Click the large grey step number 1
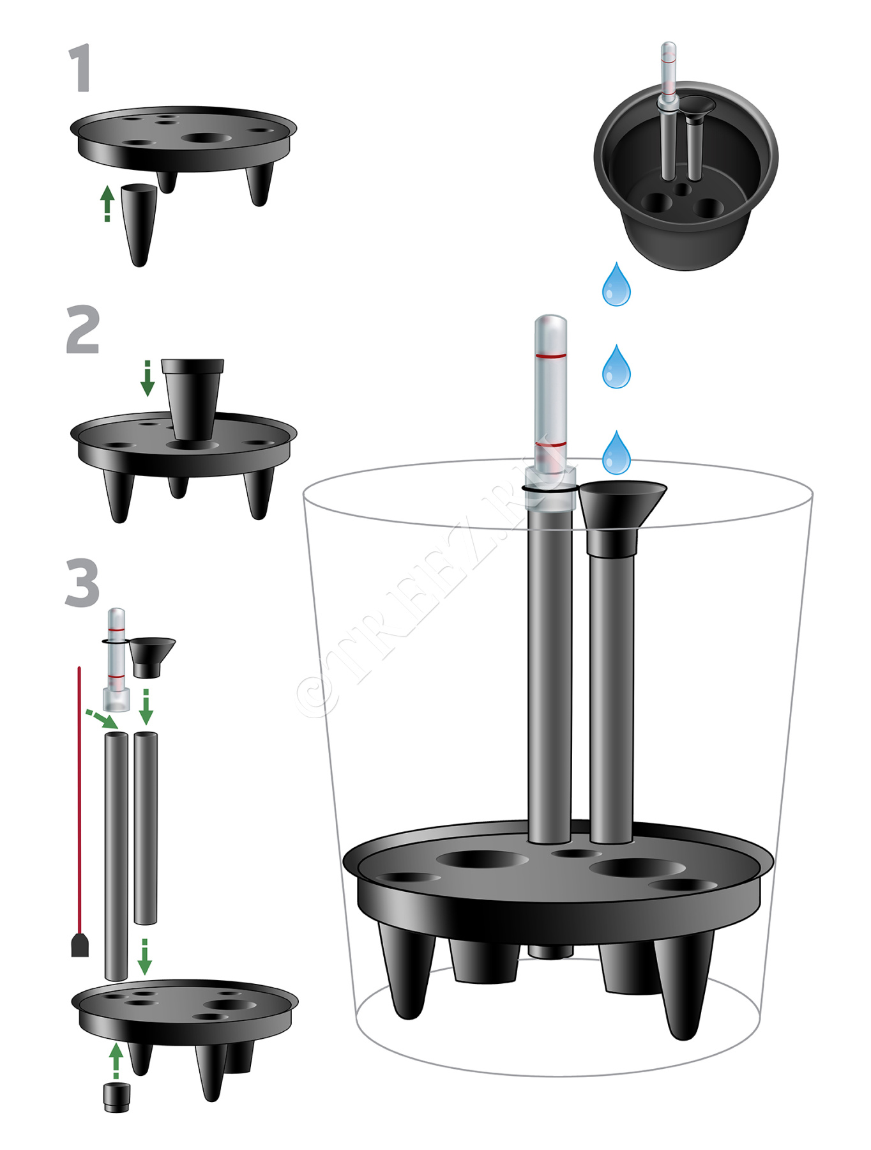[80, 68]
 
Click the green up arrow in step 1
[107, 203]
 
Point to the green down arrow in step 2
[148, 378]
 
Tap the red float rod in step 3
[79, 811]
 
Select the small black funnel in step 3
[151, 657]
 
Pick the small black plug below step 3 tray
[116, 1098]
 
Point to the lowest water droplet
[616, 452]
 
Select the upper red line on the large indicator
[550, 355]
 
